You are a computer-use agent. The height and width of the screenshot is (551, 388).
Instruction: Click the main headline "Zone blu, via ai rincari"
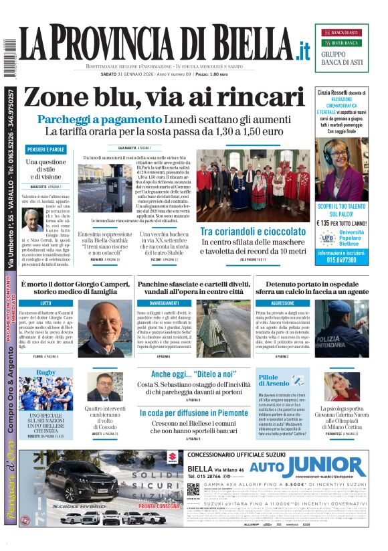163,98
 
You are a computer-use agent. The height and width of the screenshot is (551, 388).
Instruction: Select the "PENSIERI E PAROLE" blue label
46,149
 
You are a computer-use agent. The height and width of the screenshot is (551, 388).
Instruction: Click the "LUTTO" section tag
46,303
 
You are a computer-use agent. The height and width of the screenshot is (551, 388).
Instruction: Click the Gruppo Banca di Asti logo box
341,48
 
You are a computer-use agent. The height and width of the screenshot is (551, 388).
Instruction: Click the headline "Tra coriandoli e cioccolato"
252,232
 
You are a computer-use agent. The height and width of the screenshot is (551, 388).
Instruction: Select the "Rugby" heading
46,372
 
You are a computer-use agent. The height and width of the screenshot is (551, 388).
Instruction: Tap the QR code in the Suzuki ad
193,489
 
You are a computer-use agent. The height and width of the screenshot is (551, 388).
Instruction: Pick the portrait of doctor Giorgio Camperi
109,328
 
